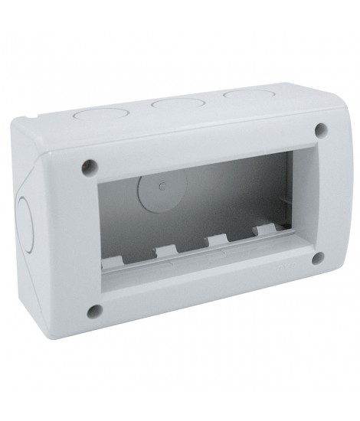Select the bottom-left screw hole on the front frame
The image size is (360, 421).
click(x=94, y=311)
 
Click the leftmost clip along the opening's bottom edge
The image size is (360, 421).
click(x=124, y=266)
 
